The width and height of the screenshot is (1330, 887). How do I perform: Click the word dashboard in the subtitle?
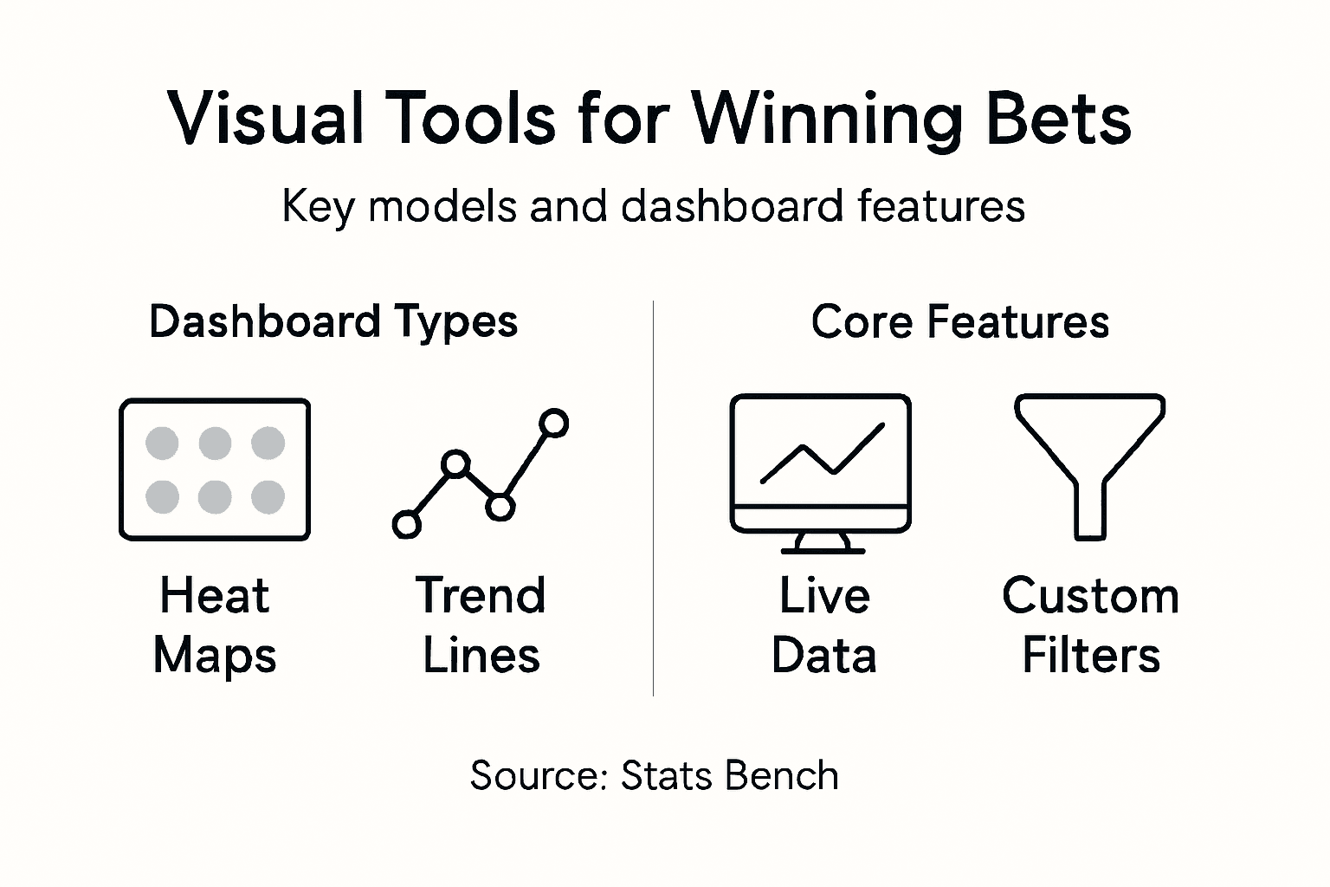[733, 207]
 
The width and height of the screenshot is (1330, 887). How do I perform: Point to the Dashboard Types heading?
[333, 321]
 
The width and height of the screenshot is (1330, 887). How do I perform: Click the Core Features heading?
[959, 321]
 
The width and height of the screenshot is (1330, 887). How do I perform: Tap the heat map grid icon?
[215, 469]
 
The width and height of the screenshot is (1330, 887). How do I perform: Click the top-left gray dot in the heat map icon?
[162, 443]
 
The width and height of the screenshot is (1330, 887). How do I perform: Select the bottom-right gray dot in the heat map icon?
[268, 497]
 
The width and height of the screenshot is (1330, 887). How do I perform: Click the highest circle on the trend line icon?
[553, 423]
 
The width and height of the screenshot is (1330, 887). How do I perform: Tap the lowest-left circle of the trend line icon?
[406, 524]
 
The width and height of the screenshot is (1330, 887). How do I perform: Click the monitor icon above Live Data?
[820, 463]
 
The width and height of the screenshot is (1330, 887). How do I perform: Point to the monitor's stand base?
[823, 548]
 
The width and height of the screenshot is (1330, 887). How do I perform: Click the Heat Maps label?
[215, 625]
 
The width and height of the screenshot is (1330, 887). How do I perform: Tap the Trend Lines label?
[481, 625]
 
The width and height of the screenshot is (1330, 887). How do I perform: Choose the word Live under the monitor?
[824, 596]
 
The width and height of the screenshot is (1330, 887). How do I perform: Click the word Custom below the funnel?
[1090, 596]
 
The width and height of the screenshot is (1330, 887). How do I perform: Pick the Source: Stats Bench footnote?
[655, 775]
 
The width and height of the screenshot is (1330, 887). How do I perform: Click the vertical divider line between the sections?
[653, 498]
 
